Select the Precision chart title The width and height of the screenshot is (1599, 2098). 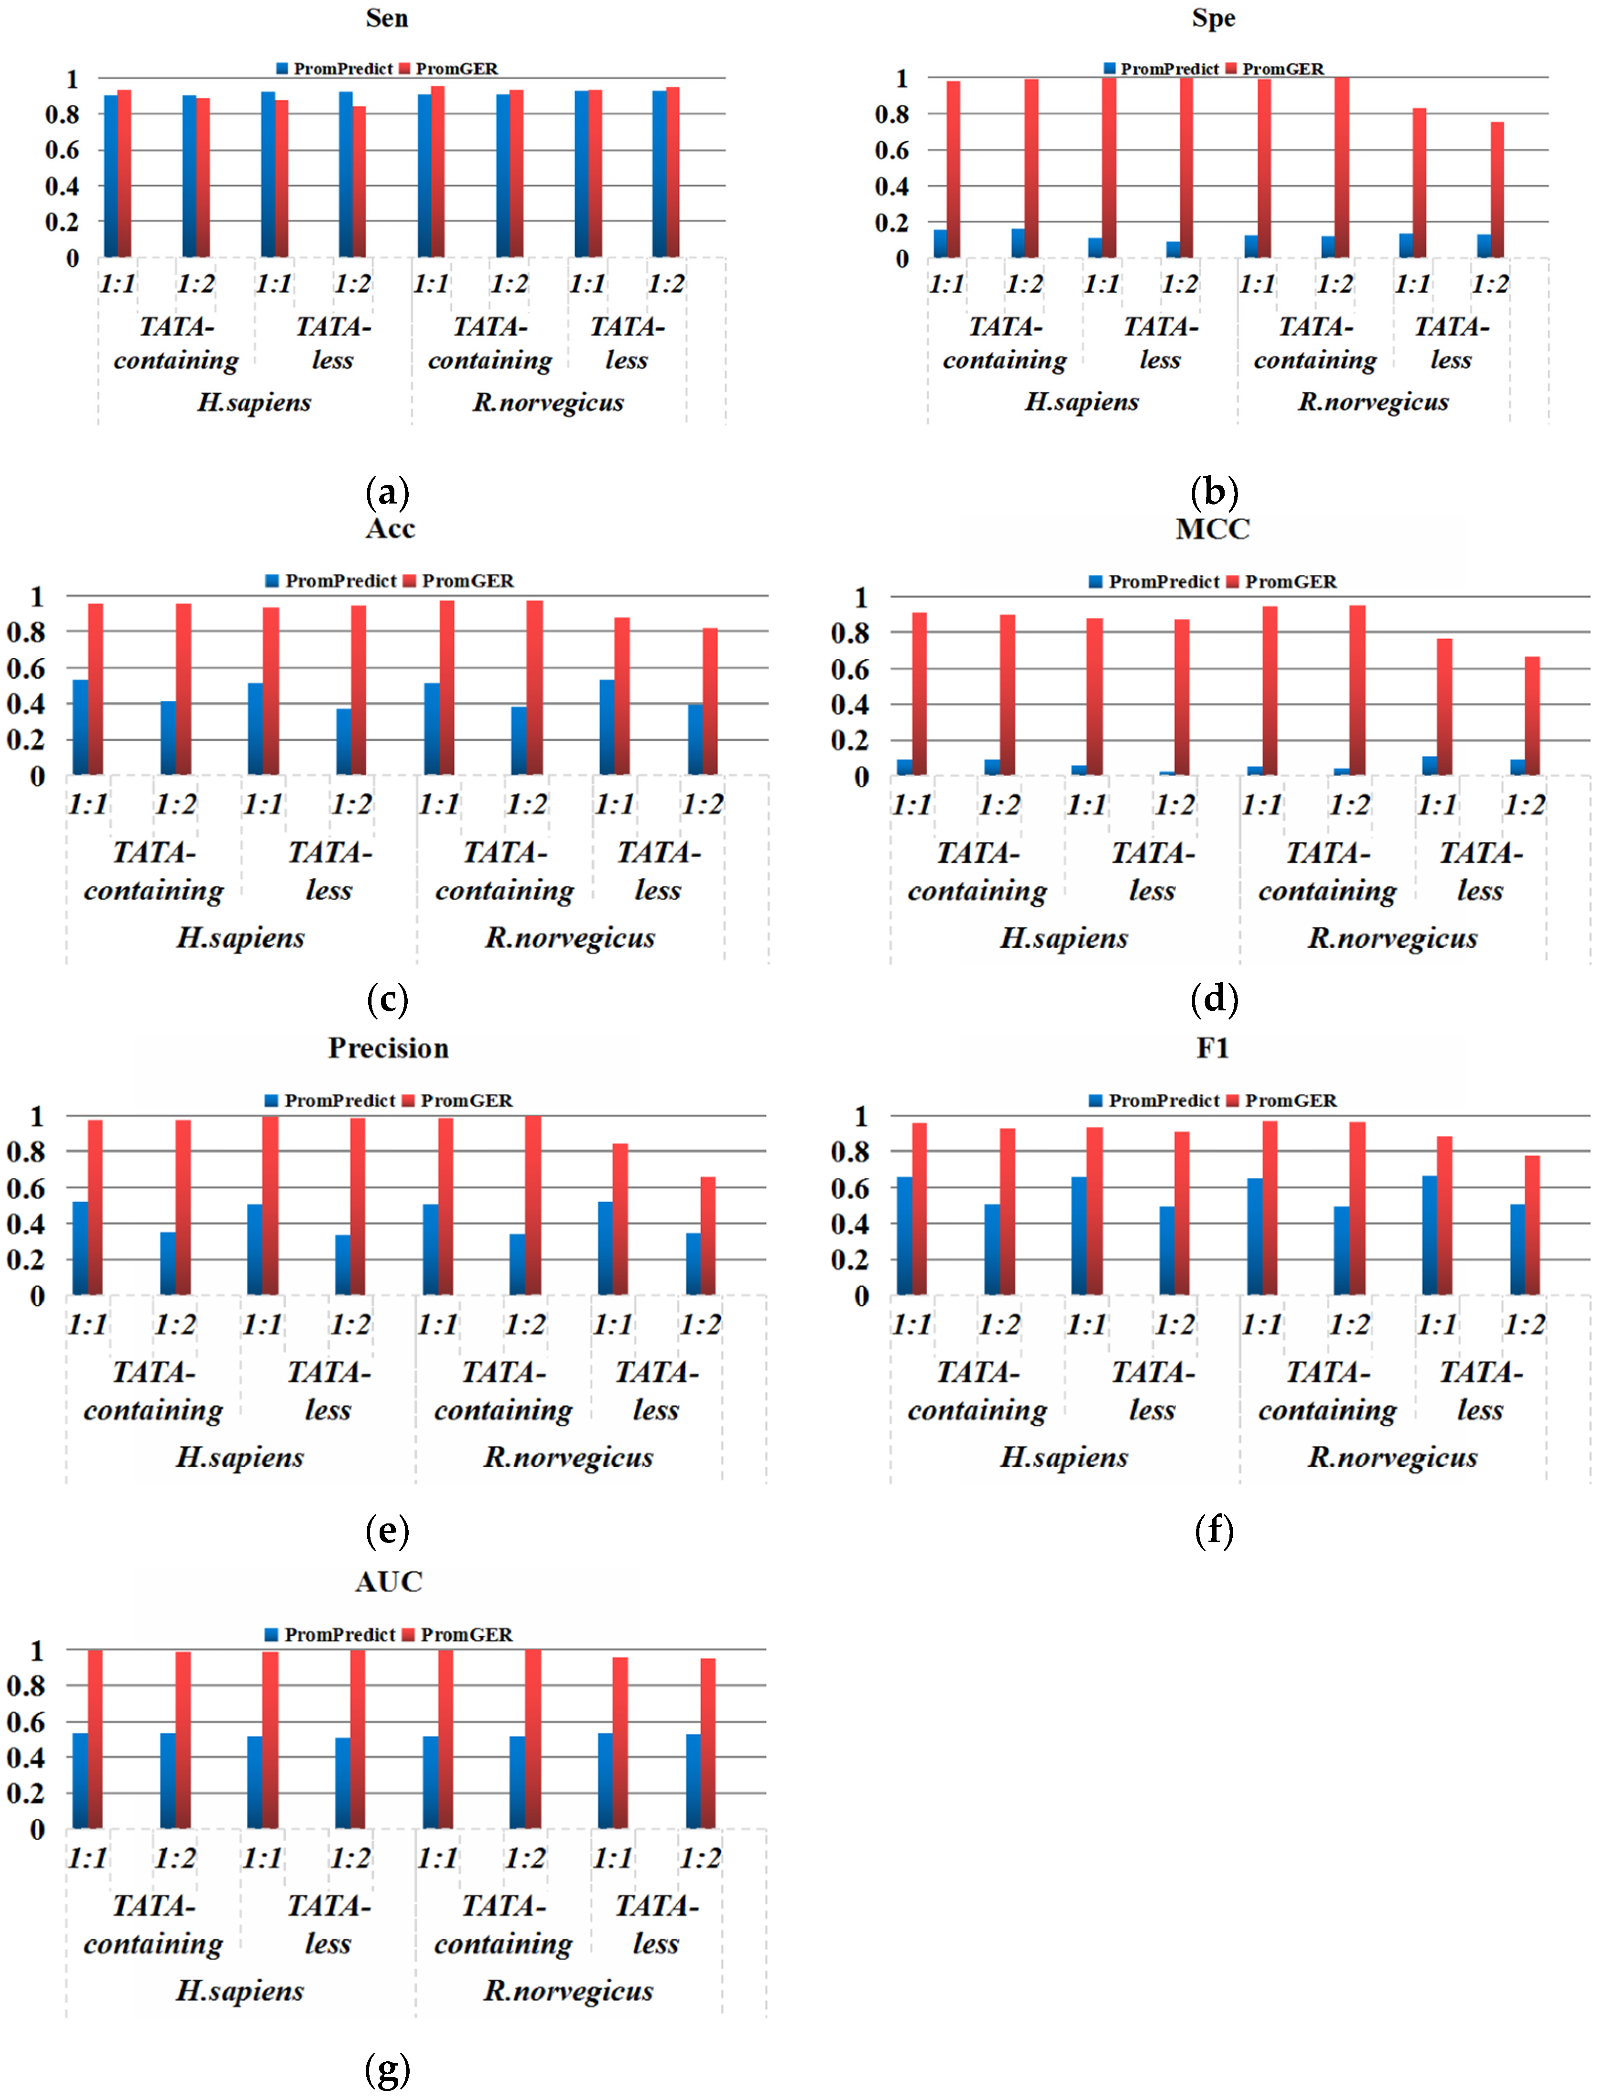coord(388,1048)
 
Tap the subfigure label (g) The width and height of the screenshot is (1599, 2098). coord(387,2068)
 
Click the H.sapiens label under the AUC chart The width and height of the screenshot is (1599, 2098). coord(240,1991)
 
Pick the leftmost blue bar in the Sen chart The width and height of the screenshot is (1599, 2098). coord(112,176)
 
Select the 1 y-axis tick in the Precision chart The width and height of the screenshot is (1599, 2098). coord(37,1116)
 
